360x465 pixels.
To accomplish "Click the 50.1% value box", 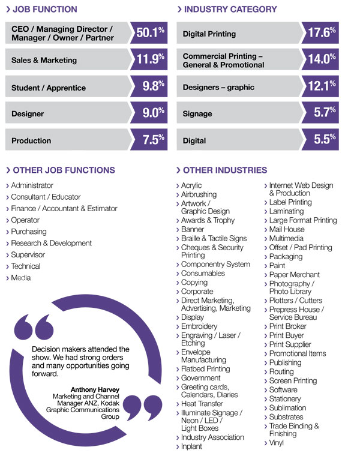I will point(150,33).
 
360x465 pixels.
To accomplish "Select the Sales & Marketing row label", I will point(44,60).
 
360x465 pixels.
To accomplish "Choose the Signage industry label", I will point(197,113).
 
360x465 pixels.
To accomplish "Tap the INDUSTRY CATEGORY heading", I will point(230,9).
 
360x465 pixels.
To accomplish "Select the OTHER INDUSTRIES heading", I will point(225,170).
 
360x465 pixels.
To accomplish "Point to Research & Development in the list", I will point(52,243).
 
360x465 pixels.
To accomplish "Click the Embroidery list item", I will point(199,326).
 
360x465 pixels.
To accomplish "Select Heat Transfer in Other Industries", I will point(202,404).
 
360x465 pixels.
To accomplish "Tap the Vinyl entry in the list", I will point(277,443).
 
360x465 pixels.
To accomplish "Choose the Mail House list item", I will point(287,229).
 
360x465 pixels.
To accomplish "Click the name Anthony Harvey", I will point(94,389).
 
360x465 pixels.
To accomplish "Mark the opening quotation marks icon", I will point(32,327).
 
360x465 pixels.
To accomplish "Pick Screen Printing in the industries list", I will point(293,380).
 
